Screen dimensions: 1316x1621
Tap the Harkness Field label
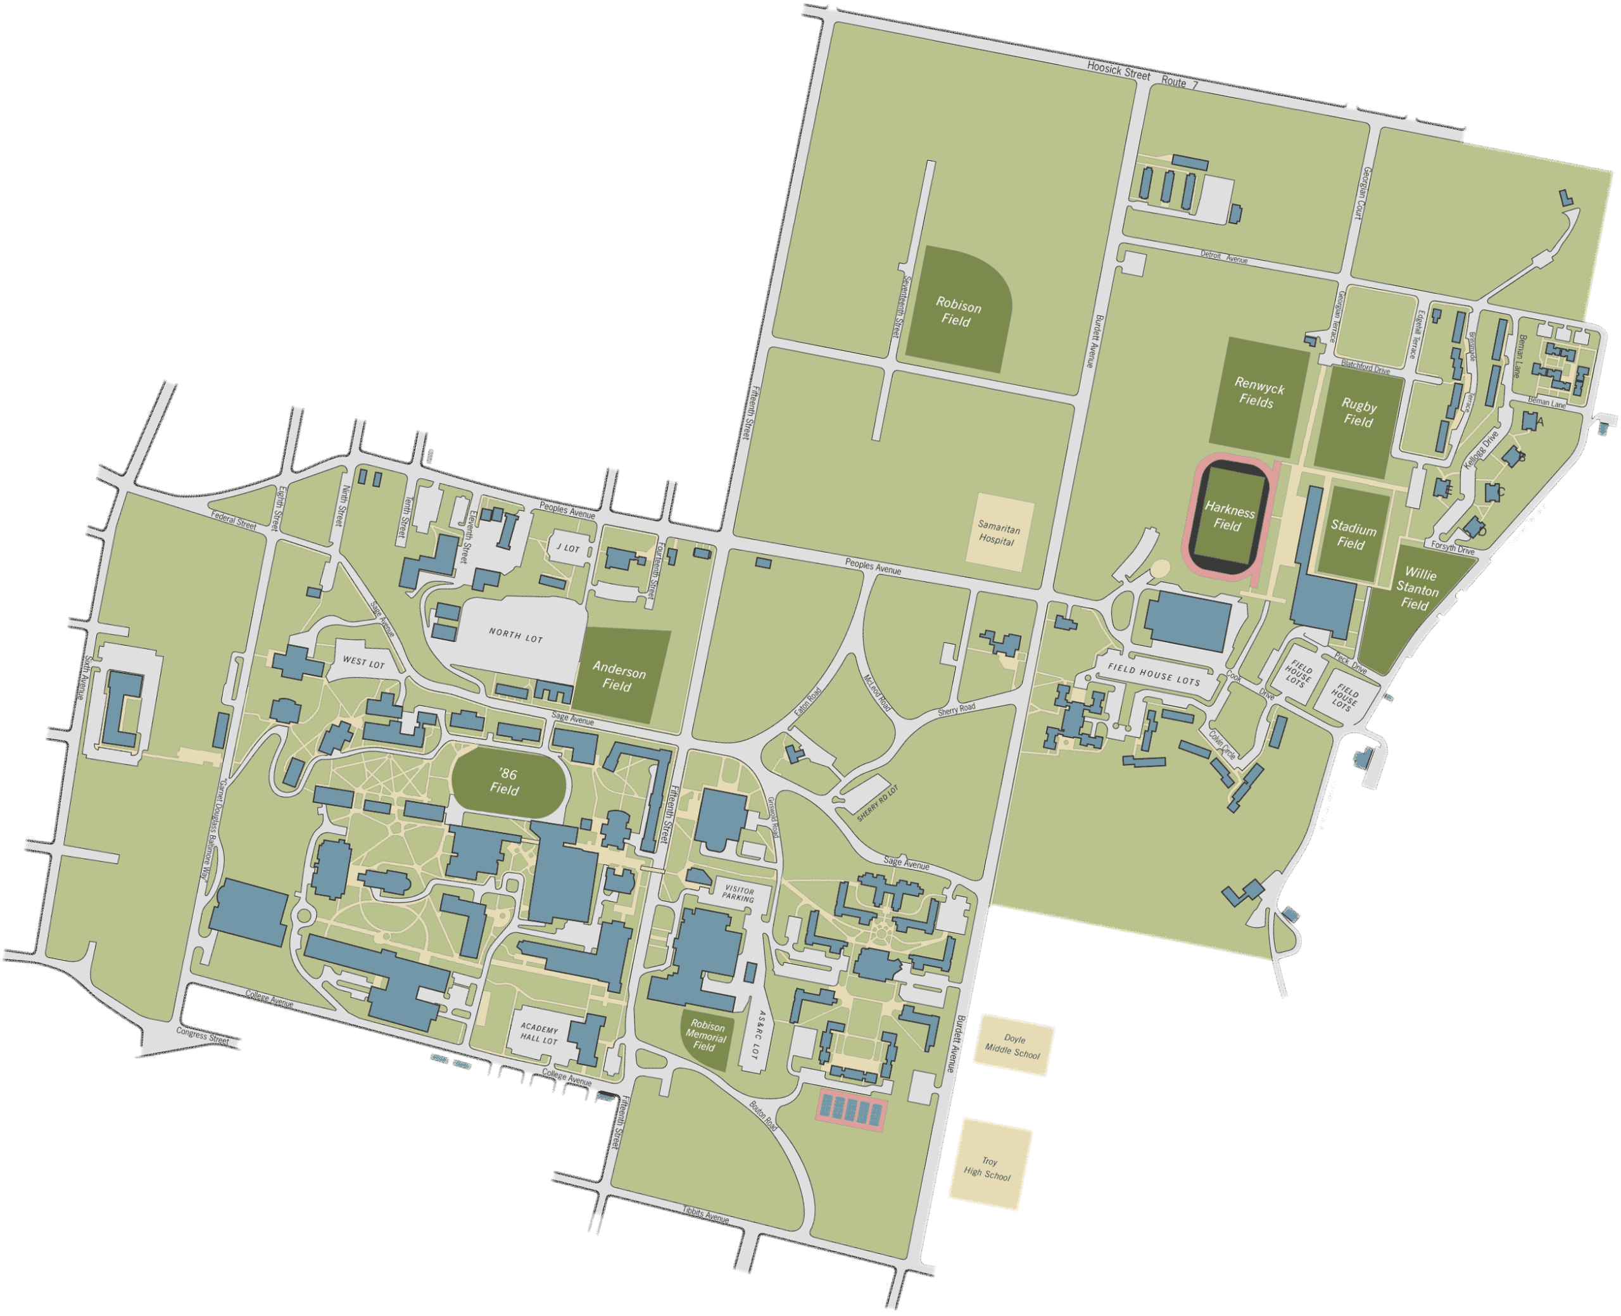click(x=1229, y=518)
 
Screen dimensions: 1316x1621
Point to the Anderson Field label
click(x=619, y=678)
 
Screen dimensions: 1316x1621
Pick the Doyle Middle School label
click(x=1013, y=1047)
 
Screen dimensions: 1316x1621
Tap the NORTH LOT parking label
click(x=515, y=635)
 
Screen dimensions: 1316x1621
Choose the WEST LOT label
click(x=363, y=662)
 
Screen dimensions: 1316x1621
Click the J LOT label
click(x=567, y=548)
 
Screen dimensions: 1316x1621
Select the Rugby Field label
click(x=1358, y=413)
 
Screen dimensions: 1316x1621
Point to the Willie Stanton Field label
click(x=1416, y=589)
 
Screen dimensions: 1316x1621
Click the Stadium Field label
click(x=1352, y=535)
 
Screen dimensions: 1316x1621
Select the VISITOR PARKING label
click(x=738, y=894)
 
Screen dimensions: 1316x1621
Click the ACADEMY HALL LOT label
click(x=539, y=1035)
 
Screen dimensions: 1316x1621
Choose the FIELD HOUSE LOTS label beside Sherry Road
click(x=1154, y=674)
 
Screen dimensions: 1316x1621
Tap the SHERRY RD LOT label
click(x=878, y=804)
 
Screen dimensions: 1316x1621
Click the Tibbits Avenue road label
click(x=705, y=1215)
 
